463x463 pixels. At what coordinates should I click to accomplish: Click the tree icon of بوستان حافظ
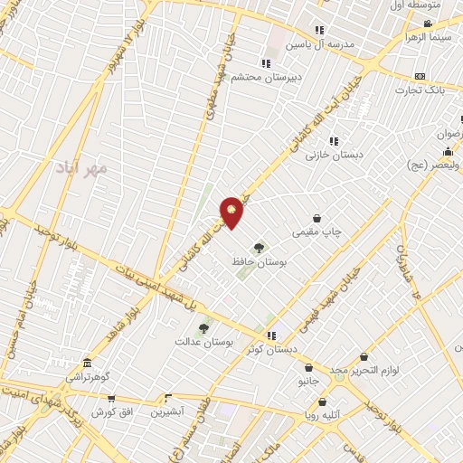(260, 246)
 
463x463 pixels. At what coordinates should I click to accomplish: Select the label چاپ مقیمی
(317, 232)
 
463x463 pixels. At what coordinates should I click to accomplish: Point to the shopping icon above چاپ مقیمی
(317, 218)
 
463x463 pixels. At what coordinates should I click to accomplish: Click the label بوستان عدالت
(203, 344)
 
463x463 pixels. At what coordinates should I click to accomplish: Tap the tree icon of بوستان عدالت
(203, 329)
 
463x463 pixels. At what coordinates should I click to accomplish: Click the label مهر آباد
(80, 168)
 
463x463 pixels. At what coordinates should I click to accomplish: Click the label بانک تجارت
(421, 90)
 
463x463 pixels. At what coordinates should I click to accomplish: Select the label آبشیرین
(167, 411)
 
